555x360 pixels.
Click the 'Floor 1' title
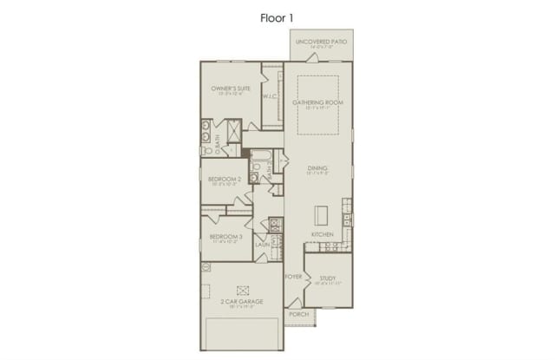(277, 16)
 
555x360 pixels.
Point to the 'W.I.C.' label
(270, 96)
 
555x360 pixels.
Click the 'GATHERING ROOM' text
(318, 103)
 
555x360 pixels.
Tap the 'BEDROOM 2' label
(225, 180)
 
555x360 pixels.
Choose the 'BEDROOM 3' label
(225, 236)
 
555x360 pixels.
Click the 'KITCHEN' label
(323, 235)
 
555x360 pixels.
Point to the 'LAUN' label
(262, 245)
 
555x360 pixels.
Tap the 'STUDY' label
(327, 278)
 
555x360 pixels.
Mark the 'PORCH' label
(299, 314)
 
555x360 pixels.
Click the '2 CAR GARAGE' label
(243, 301)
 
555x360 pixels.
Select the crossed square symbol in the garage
(243, 288)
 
